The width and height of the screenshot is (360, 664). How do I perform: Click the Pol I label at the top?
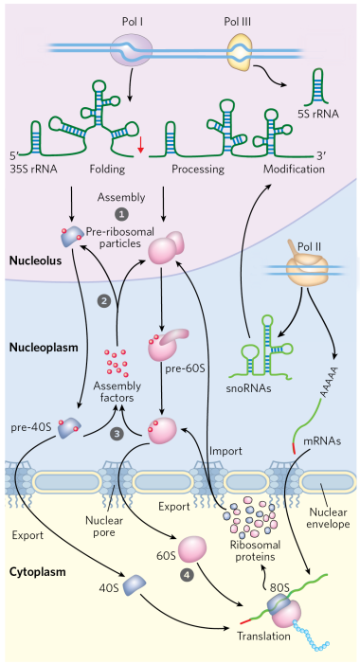click(134, 12)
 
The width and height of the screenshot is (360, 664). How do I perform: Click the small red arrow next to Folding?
click(141, 143)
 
